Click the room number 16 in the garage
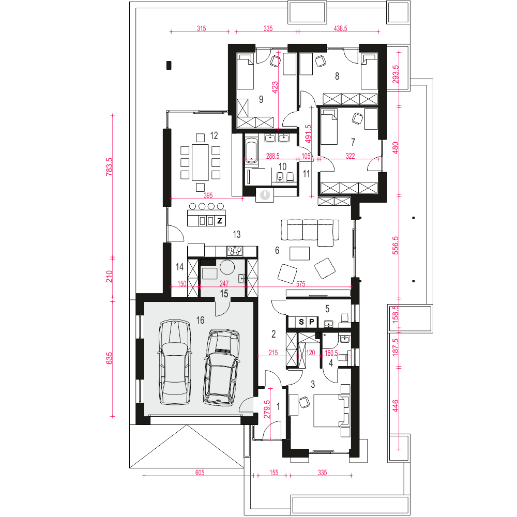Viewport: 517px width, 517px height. (200, 320)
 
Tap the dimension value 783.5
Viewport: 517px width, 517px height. (109, 166)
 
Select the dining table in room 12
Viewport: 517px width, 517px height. (200, 162)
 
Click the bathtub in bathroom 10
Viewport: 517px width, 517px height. (252, 150)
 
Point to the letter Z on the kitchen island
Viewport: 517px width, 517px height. (220, 221)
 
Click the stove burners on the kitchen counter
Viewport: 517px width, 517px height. (235, 251)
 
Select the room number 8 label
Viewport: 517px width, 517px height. (337, 76)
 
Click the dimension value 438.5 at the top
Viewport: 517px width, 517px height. (340, 28)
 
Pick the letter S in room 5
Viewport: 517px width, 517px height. (301, 322)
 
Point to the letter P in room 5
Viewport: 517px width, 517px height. (311, 322)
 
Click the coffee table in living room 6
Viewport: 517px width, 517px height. (300, 253)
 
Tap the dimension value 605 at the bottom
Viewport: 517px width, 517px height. (200, 473)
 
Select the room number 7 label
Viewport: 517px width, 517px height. (353, 142)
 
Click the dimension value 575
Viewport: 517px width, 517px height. (300, 283)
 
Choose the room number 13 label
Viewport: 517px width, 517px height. (237, 234)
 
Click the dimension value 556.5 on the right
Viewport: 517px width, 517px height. (396, 245)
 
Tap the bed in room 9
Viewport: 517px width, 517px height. (246, 72)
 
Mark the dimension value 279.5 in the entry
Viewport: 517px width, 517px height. (267, 409)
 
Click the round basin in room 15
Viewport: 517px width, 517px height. (227, 267)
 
